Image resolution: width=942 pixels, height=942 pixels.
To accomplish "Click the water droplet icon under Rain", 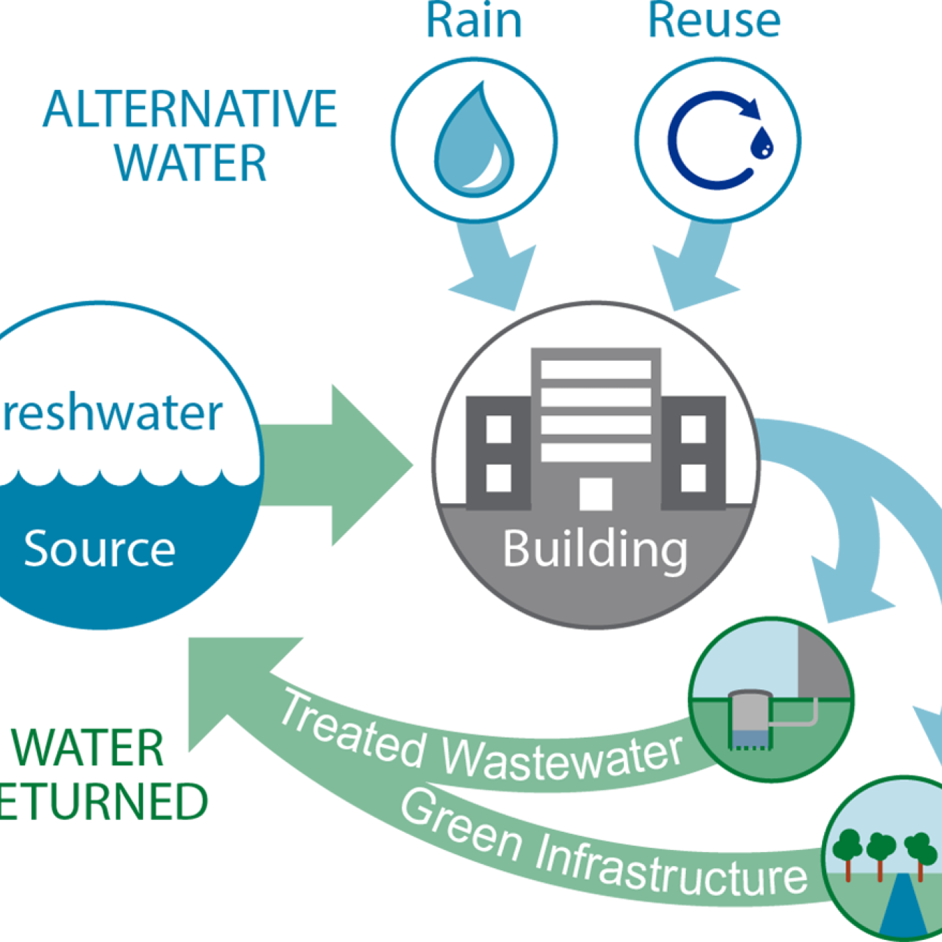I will click(x=474, y=140).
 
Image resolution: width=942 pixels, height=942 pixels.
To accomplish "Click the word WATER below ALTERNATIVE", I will click(x=190, y=163).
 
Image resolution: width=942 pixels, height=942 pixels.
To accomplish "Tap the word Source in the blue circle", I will click(x=99, y=549).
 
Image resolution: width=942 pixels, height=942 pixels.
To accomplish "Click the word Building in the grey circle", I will click(x=595, y=549).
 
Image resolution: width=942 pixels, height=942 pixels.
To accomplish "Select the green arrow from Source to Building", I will click(x=335, y=465).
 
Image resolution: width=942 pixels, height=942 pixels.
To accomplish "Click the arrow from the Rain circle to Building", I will click(x=492, y=269).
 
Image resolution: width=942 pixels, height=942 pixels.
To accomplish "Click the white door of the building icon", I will click(x=595, y=493).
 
